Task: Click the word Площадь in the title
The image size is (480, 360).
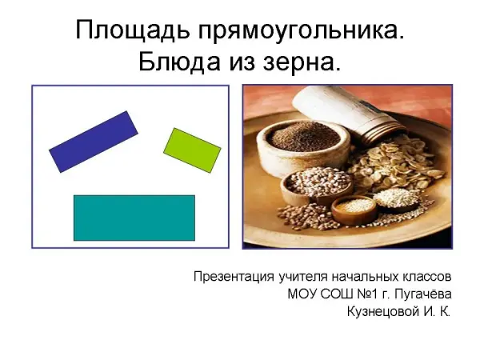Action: click(x=132, y=30)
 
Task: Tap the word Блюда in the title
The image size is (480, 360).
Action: click(x=179, y=62)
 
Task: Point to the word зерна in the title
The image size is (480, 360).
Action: click(x=302, y=63)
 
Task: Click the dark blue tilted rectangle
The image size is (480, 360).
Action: click(x=94, y=142)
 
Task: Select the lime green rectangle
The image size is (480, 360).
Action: click(x=192, y=150)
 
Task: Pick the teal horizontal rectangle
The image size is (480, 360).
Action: click(x=134, y=218)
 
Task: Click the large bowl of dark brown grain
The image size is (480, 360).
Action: click(x=303, y=144)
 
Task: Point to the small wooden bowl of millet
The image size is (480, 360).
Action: click(x=354, y=210)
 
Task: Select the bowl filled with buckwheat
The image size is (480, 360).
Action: click(x=316, y=186)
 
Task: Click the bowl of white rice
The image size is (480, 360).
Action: click(x=395, y=199)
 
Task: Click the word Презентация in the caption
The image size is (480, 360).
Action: click(x=234, y=277)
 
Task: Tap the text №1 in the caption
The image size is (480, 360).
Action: click(x=367, y=294)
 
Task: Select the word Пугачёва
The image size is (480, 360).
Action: click(x=422, y=294)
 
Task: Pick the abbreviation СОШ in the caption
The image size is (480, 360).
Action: click(x=337, y=294)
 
